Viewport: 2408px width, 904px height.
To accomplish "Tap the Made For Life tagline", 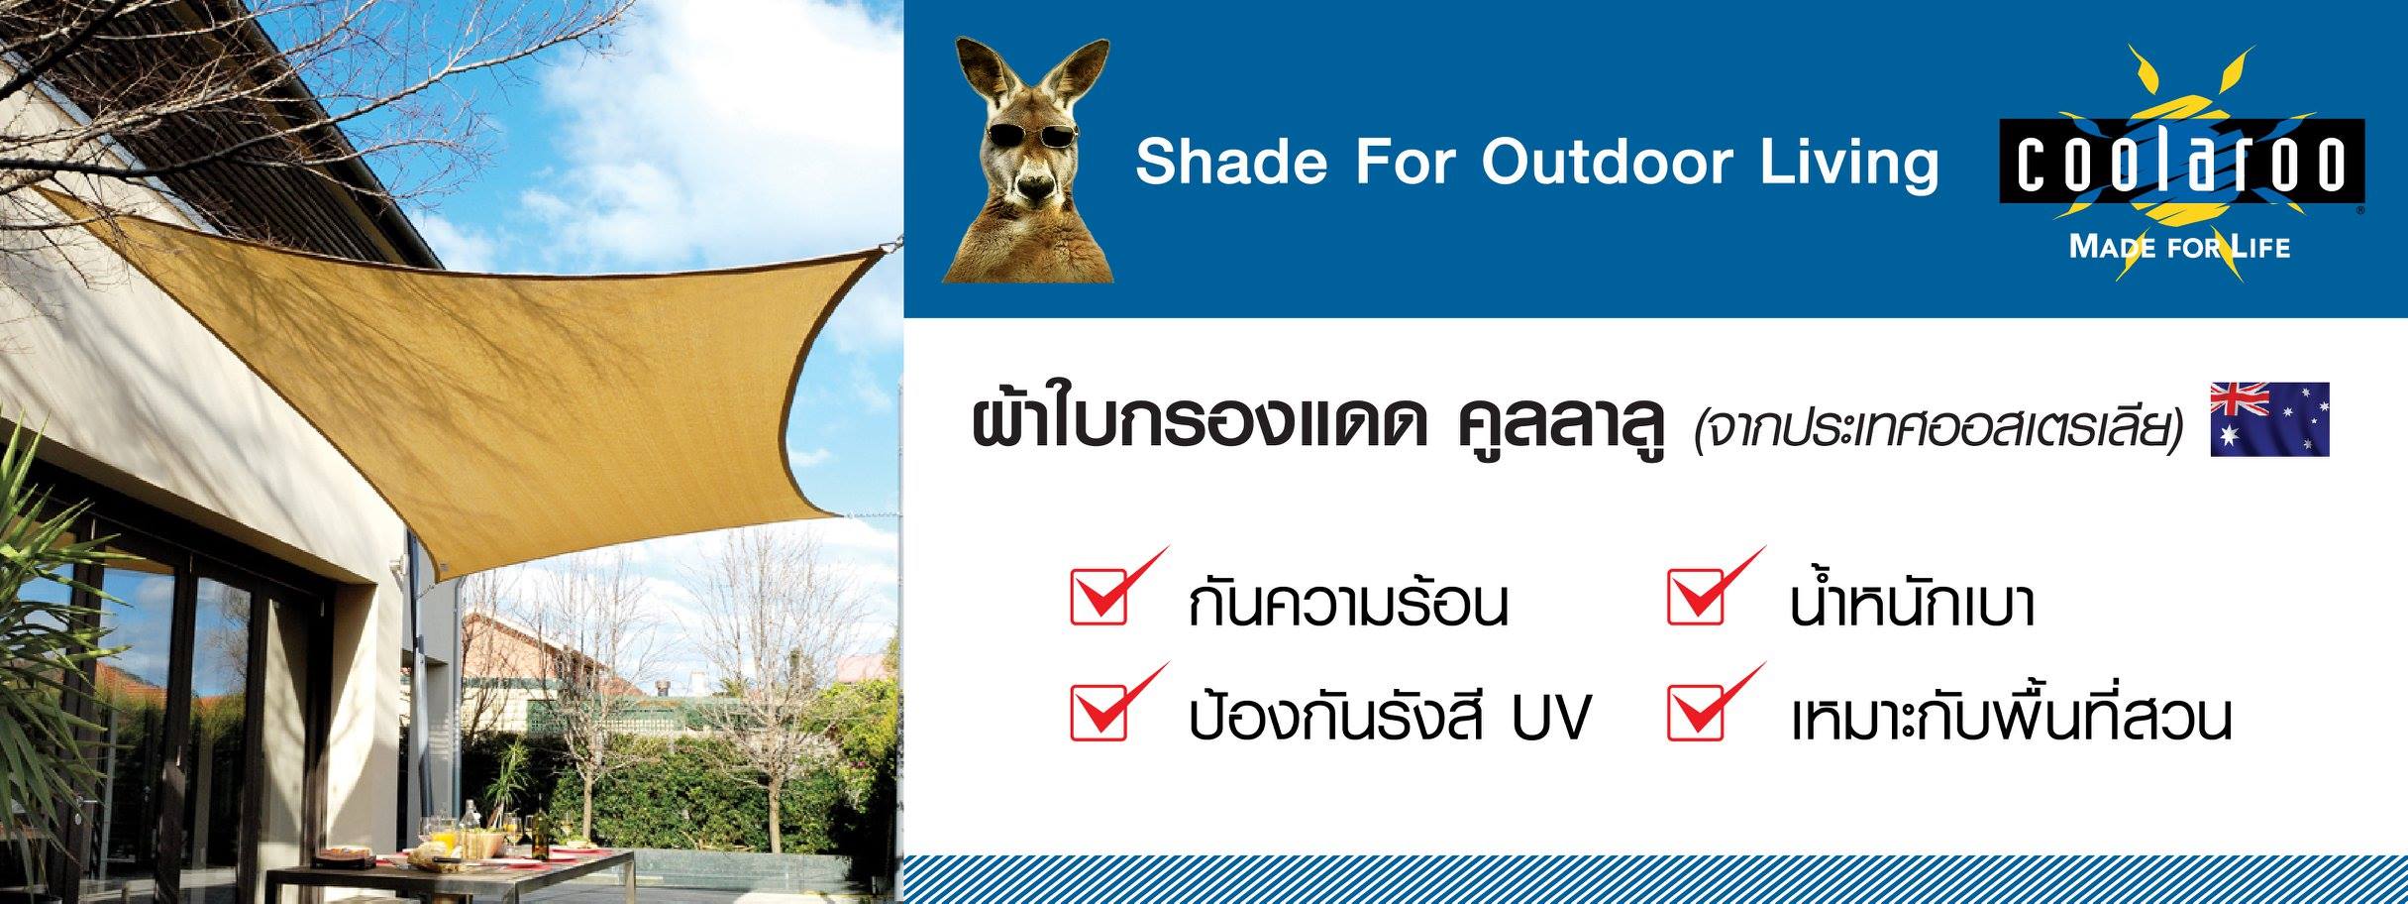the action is click(x=2180, y=246).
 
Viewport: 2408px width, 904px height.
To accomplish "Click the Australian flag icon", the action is click(x=2269, y=419).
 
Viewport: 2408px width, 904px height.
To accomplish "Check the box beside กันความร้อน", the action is click(x=1099, y=596).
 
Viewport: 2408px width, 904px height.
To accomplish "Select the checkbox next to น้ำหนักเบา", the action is click(x=1697, y=596).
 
